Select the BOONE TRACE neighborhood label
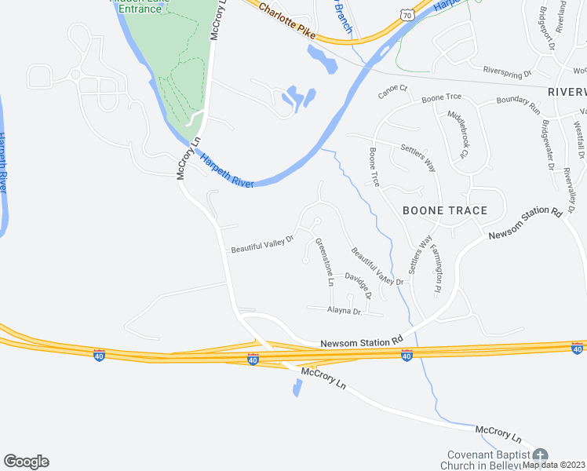point(445,210)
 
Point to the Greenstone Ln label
point(324,261)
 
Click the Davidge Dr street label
point(358,287)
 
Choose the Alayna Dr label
point(343,312)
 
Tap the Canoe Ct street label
point(393,91)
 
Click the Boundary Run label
point(519,102)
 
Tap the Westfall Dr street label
point(579,138)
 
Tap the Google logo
point(26,462)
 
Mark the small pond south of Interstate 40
point(297,388)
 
